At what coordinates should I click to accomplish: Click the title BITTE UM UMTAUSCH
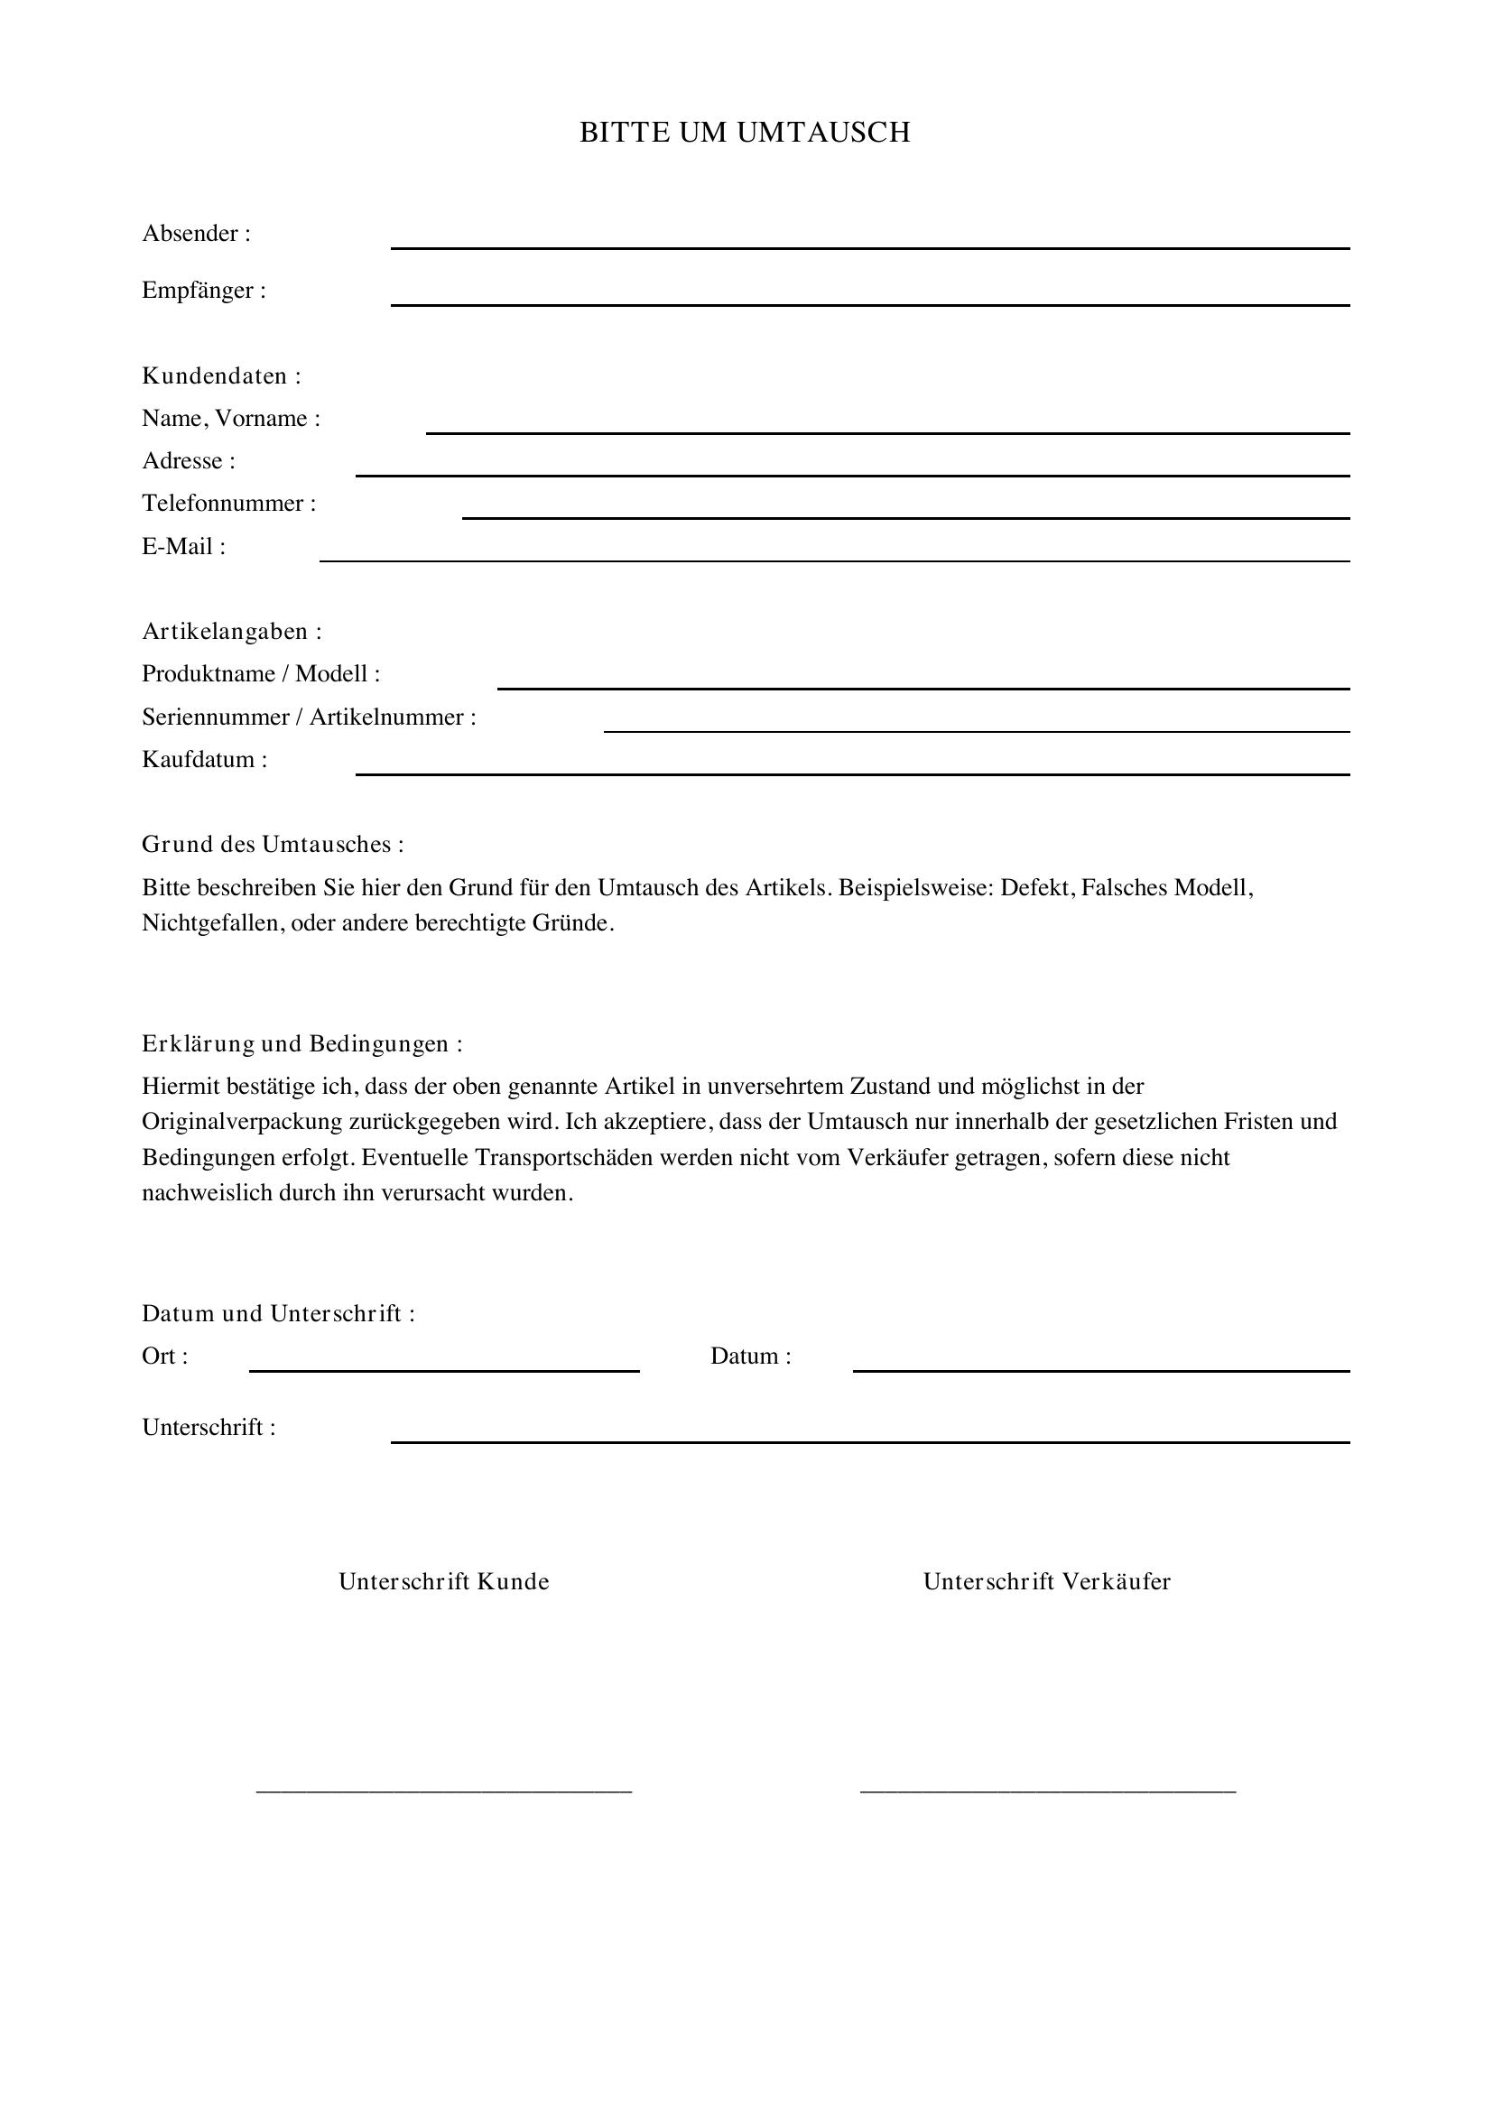pos(745,133)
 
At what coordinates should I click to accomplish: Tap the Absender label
pos(196,234)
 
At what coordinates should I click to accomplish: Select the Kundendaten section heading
pos(220,376)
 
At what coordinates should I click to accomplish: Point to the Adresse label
pos(189,460)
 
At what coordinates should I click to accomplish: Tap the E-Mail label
pos(183,547)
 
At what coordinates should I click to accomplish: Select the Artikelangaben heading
pos(232,632)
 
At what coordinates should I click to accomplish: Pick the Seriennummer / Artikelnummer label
pos(309,718)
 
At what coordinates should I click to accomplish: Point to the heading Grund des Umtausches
pos(272,844)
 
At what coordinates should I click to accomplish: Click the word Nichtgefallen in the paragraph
pos(212,923)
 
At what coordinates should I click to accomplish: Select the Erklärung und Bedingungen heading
pos(301,1043)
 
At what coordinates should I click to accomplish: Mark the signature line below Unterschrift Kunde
pos(444,1789)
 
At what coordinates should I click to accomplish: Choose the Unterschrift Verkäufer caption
pos(1047,1581)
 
